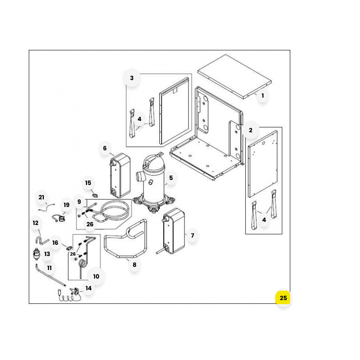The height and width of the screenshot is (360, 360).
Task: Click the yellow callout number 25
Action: (x=283, y=298)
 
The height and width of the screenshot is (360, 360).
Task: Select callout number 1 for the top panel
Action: (x=263, y=95)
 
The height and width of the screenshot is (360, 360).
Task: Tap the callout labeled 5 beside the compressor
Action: (x=171, y=178)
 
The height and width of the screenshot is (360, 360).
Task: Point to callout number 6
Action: (x=105, y=148)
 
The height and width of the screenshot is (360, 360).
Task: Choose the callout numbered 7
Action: (x=193, y=235)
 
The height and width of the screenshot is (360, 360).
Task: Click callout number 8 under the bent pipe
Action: (x=134, y=265)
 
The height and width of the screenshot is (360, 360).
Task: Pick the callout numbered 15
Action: (x=88, y=183)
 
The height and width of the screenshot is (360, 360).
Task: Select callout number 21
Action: (x=41, y=197)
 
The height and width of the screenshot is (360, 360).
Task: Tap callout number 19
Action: (x=66, y=205)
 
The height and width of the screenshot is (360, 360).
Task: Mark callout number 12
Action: (x=36, y=223)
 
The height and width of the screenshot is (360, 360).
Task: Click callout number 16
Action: (x=55, y=243)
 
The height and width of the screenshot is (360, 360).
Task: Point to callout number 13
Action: (x=47, y=254)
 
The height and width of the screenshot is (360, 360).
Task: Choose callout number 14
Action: (x=88, y=288)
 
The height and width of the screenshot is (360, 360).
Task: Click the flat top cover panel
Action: (x=234, y=76)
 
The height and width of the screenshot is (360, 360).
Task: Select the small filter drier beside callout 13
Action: (x=36, y=254)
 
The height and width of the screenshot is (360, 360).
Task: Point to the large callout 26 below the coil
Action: (x=90, y=224)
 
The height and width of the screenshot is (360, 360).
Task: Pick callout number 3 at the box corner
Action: (x=131, y=78)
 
